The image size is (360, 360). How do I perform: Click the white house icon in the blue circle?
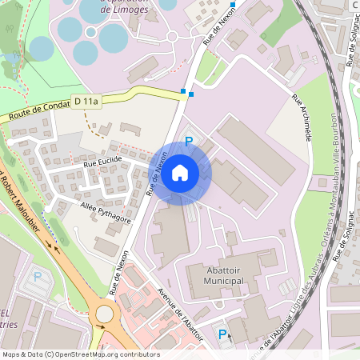click(180, 172)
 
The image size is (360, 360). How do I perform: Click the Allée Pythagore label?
click(106, 212)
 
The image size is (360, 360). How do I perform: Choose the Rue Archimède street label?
click(301, 118)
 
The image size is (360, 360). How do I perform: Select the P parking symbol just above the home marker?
click(189, 141)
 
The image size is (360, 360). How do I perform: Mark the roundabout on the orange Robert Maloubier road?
click(104, 314)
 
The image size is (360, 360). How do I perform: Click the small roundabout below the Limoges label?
click(172, 36)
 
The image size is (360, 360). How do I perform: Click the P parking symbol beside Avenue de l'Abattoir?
click(223, 334)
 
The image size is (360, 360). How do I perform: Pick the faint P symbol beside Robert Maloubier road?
click(37, 277)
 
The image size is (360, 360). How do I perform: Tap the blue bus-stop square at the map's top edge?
click(233, 5)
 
